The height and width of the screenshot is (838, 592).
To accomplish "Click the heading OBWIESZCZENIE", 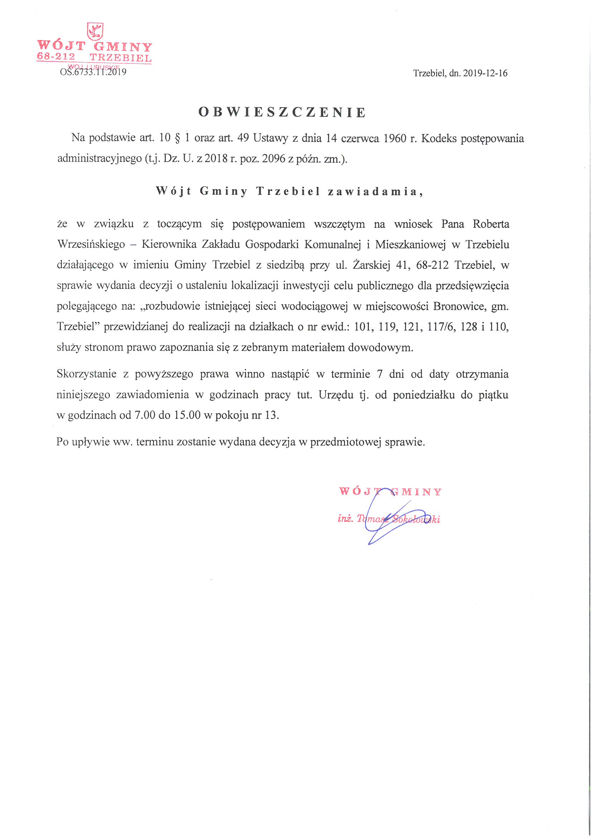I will (282, 113).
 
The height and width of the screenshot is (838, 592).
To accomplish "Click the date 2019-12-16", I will (485, 73).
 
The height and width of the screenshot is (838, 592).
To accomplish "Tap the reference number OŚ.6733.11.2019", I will (93, 72).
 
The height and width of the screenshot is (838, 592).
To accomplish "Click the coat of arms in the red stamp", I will (95, 32).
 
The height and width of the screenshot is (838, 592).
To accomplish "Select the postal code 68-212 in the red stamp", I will (56, 57).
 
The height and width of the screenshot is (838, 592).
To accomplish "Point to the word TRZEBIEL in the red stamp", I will (120, 58).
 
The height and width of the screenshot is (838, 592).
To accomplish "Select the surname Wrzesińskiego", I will (91, 244).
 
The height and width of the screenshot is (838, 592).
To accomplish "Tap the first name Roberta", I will (491, 224).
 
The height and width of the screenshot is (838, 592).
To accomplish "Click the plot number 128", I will (468, 326).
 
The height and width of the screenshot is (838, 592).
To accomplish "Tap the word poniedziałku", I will (423, 395).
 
